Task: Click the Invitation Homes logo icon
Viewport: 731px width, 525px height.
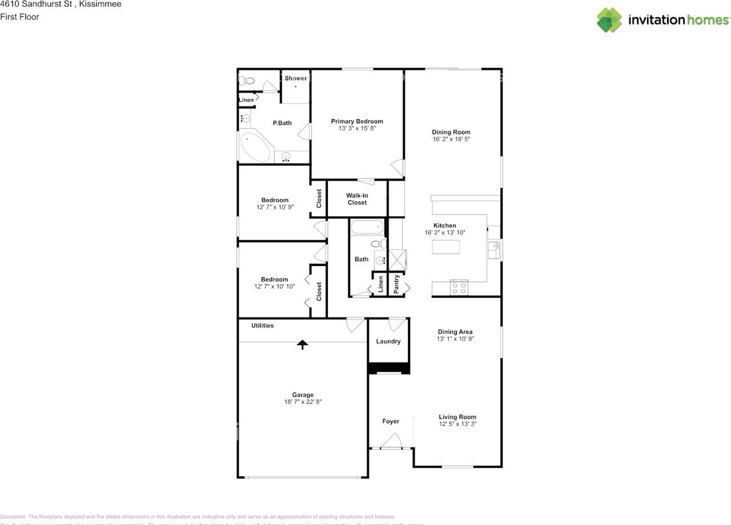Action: pyautogui.click(x=609, y=20)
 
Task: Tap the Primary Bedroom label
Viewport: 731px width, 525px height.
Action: pyautogui.click(x=357, y=121)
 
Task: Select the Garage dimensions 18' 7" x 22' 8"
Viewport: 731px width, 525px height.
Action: pyautogui.click(x=303, y=402)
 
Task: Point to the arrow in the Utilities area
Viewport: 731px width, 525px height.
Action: pyautogui.click(x=302, y=344)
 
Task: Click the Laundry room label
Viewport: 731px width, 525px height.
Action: pyautogui.click(x=388, y=341)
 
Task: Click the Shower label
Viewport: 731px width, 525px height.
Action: pyautogui.click(x=296, y=78)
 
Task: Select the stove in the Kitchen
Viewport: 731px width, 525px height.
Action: pyautogui.click(x=459, y=287)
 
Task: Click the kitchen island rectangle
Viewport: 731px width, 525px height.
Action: pyautogui.click(x=446, y=247)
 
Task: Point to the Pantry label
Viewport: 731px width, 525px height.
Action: pyautogui.click(x=396, y=283)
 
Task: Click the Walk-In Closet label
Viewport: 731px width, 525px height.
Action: pyautogui.click(x=357, y=199)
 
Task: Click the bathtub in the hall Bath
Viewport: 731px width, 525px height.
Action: pyautogui.click(x=367, y=228)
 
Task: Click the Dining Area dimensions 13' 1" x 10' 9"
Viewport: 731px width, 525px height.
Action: pyautogui.click(x=455, y=339)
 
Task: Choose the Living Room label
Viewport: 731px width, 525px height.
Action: pyautogui.click(x=457, y=417)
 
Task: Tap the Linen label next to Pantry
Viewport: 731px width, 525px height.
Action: pyautogui.click(x=380, y=284)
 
